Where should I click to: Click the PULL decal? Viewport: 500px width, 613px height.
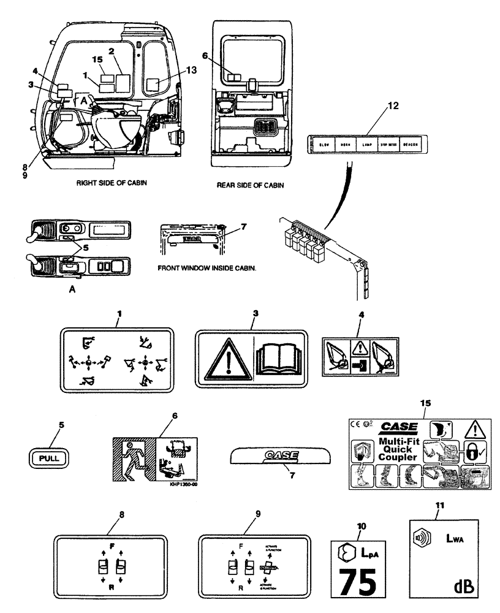tap(49, 457)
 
